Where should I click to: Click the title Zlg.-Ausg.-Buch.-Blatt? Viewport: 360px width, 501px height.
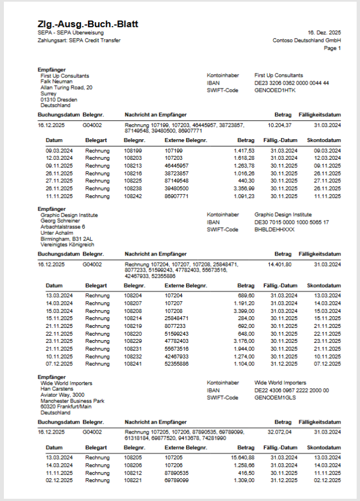tap(88, 24)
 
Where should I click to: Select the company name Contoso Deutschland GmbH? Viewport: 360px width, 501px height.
tap(307, 41)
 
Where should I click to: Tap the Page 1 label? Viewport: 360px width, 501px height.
tap(332, 48)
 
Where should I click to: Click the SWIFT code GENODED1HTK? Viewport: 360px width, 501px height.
tap(276, 90)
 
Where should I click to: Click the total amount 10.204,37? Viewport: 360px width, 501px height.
tap(280, 125)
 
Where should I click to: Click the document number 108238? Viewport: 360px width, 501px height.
tap(133, 189)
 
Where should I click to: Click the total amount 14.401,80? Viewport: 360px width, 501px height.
tap(280, 264)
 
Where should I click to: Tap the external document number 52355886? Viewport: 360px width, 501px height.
tap(177, 364)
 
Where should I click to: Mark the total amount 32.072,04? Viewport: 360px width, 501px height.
tap(280, 432)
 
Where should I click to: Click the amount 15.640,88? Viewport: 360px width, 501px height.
tap(243, 458)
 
